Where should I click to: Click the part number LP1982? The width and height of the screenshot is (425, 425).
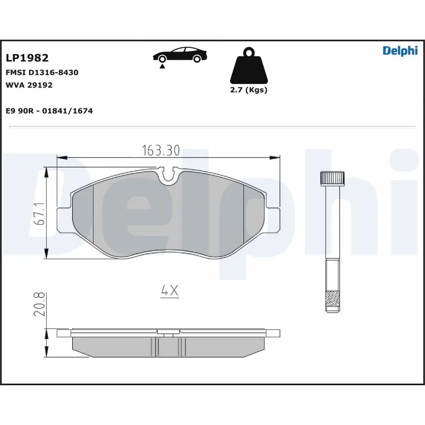coord(27,58)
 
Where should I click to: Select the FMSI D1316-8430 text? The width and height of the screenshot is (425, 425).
coord(42,72)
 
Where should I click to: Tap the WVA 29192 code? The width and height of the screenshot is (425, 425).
coord(29,84)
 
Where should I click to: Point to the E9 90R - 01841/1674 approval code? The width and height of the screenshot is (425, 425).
coord(49,110)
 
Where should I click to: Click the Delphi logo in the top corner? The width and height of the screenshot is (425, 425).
coord(400,50)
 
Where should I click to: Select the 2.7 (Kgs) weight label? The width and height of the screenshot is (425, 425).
coord(248,90)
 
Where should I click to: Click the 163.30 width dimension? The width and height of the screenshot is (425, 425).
coord(161,150)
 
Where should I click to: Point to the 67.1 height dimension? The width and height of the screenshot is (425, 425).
coord(38,214)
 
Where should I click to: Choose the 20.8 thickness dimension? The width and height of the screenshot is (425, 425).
coord(38,304)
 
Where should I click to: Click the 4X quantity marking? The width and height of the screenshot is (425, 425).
coord(169,291)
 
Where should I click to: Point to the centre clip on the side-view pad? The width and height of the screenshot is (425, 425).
coord(168,335)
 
